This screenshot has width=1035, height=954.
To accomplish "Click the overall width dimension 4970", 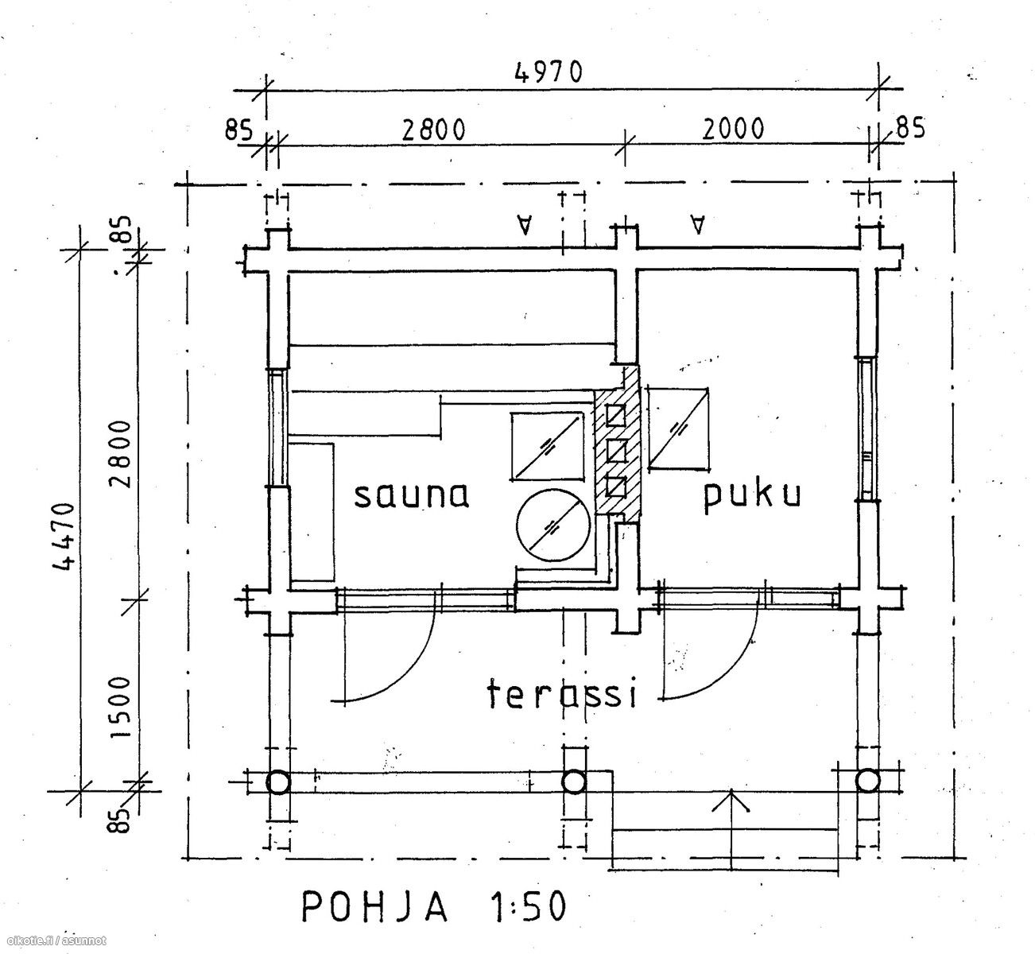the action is click(549, 72).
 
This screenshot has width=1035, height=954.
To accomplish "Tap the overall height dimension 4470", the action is click(65, 537).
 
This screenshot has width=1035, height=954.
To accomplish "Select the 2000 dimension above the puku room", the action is click(732, 129).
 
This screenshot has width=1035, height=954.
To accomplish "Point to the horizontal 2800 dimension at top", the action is click(433, 130).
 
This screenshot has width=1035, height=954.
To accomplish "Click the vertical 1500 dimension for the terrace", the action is click(121, 708).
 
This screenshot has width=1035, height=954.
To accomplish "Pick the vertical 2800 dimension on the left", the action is click(121, 454).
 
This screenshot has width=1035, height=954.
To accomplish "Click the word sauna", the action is click(411, 494).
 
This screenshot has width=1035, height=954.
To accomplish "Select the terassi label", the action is click(562, 693).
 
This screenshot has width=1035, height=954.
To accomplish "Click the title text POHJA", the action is click(375, 906).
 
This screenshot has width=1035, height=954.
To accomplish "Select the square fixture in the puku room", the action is click(678, 429).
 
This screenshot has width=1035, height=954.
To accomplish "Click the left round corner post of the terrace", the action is click(278, 782).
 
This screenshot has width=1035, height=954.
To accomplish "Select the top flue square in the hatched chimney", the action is click(616, 415).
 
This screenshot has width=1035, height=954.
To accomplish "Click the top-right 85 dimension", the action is click(910, 127).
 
